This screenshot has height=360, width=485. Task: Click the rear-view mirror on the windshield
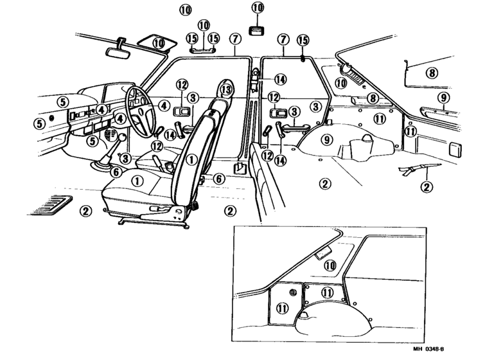click(118, 53)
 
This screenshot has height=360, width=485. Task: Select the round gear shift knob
click(122, 137)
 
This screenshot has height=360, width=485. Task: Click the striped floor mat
click(50, 205)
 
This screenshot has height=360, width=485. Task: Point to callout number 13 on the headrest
click(226, 90)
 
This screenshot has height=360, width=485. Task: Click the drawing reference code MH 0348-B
click(428, 349)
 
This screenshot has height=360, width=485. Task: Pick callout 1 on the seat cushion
click(137, 181)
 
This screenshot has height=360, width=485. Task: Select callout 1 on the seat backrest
click(192, 159)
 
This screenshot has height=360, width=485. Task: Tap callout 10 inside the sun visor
click(159, 43)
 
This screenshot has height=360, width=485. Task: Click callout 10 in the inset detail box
click(330, 265)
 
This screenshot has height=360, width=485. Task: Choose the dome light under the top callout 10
click(257, 31)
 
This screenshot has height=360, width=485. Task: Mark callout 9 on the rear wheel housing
click(327, 139)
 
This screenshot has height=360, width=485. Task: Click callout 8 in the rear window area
click(432, 73)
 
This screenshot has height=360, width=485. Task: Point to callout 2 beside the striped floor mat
click(85, 211)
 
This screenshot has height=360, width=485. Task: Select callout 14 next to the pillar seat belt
click(280, 79)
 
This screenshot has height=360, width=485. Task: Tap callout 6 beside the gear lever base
click(116, 172)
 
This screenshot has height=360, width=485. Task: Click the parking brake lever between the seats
click(157, 161)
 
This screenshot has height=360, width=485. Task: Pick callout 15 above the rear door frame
click(303, 40)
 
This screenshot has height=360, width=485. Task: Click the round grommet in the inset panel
click(293, 292)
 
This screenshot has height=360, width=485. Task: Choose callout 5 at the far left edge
click(39, 124)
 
